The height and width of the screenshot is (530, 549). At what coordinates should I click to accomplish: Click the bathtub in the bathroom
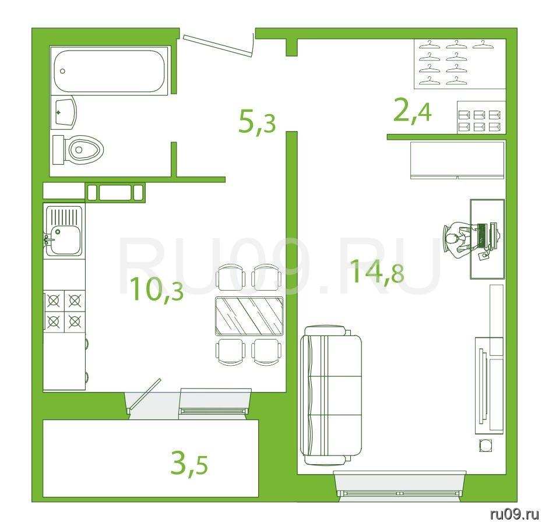tap(110, 71)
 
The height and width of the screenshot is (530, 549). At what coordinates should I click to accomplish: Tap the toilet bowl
tap(78, 150)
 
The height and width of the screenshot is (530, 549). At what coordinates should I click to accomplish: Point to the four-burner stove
tap(65, 310)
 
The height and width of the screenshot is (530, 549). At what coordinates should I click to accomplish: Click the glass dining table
tap(249, 316)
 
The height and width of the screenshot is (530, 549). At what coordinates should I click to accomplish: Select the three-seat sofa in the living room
tap(330, 395)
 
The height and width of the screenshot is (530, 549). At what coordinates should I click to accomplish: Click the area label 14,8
tap(377, 271)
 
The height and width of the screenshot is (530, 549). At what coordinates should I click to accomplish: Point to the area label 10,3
tap(157, 289)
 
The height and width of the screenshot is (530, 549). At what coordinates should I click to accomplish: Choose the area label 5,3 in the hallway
tap(257, 121)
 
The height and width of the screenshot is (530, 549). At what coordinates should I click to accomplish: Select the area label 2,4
tap(412, 111)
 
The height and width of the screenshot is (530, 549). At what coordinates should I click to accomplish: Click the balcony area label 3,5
tap(189, 464)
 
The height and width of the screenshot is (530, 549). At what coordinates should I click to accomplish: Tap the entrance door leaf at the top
tap(217, 45)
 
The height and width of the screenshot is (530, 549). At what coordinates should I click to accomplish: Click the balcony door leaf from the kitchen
tap(145, 394)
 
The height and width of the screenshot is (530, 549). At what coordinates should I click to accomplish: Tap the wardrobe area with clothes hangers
tap(460, 63)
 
